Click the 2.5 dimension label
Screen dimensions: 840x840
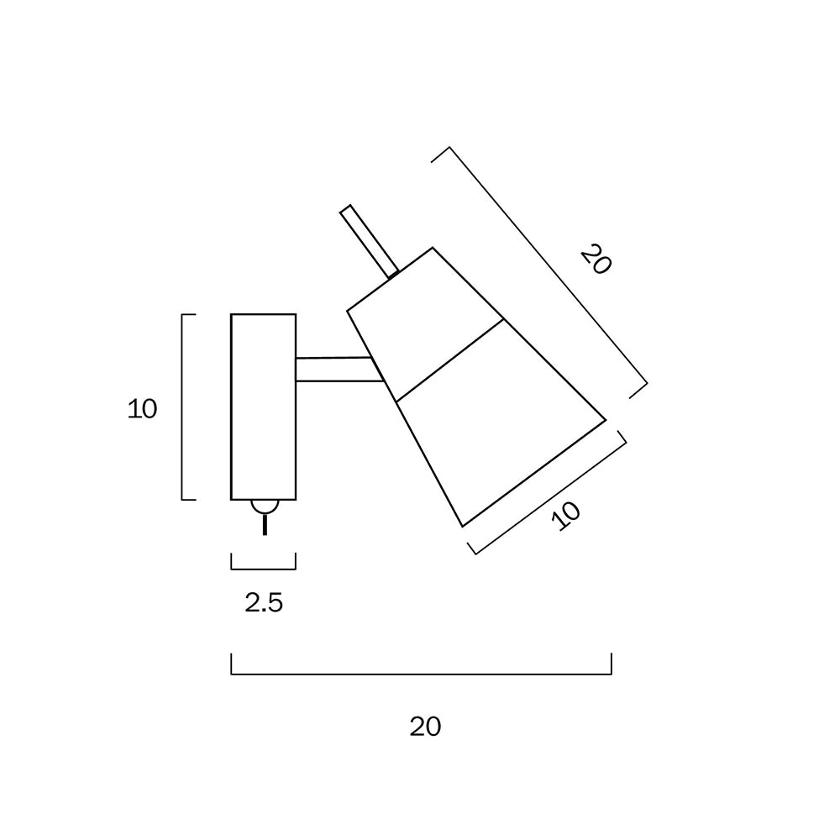coord(264,603)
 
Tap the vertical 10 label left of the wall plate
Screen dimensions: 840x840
coord(142,409)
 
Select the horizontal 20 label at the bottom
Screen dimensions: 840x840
coord(425,727)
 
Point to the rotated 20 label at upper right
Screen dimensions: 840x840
coord(596,260)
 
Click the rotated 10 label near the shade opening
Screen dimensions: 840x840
coord(566,516)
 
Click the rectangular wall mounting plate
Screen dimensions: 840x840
coord(264,407)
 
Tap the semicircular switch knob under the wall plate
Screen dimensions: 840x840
coord(265,507)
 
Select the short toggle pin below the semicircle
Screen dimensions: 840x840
coord(265,524)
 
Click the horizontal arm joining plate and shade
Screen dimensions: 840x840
coord(339,369)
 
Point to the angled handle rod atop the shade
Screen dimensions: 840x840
coord(370,242)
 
